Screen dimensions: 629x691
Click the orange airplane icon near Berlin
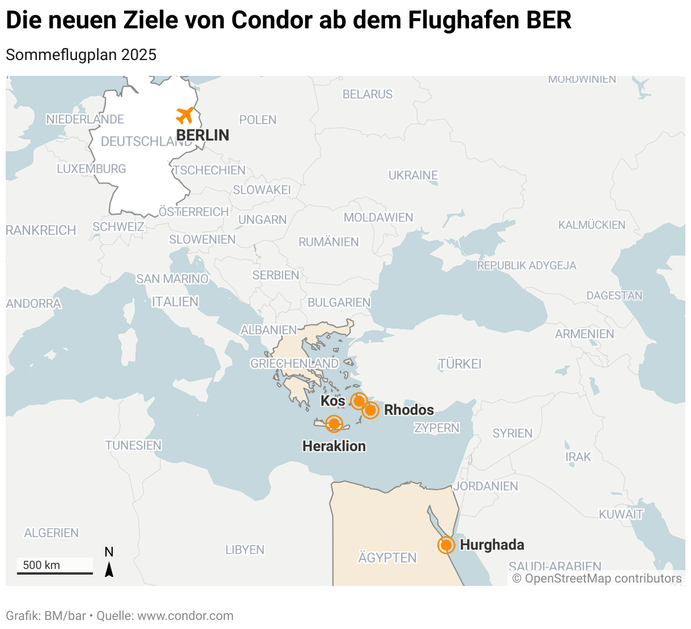pyautogui.click(x=185, y=115)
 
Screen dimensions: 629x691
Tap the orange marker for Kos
pyautogui.click(x=359, y=401)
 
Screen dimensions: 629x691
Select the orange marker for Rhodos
pyautogui.click(x=370, y=410)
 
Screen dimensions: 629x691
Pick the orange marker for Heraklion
pyautogui.click(x=334, y=423)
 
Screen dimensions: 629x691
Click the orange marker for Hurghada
pyautogui.click(x=446, y=545)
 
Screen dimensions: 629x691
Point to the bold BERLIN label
pyautogui.click(x=203, y=135)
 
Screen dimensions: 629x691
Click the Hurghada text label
pyautogui.click(x=492, y=545)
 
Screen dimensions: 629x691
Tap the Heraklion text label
pyautogui.click(x=334, y=447)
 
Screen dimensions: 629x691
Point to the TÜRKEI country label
pyautogui.click(x=459, y=364)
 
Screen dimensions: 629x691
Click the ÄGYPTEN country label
pyautogui.click(x=387, y=558)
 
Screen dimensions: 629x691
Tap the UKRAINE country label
pyautogui.click(x=413, y=176)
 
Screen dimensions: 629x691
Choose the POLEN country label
pyautogui.click(x=258, y=120)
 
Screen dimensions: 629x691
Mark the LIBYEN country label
pyautogui.click(x=245, y=550)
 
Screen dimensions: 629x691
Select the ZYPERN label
pyautogui.click(x=437, y=428)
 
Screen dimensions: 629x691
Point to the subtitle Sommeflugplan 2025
pyautogui.click(x=81, y=55)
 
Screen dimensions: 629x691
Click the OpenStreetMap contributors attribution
pyautogui.click(x=597, y=579)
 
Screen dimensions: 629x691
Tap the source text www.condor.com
pyautogui.click(x=185, y=616)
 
